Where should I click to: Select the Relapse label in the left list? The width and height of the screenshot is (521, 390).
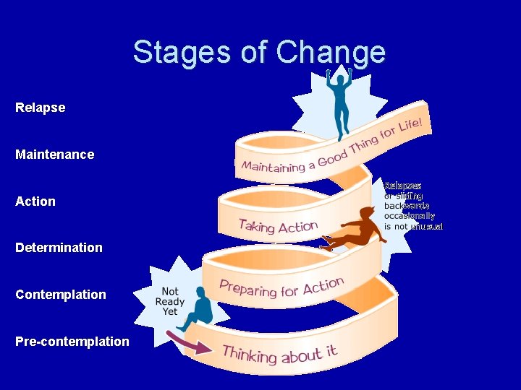click(x=41, y=108)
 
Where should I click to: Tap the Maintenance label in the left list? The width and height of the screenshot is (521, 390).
click(x=55, y=155)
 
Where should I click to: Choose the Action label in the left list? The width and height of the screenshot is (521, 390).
click(x=35, y=201)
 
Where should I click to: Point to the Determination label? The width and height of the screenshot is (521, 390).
click(x=59, y=248)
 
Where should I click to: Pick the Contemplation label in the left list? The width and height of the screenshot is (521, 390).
click(x=61, y=295)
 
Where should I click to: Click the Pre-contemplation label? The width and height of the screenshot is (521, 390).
click(x=72, y=342)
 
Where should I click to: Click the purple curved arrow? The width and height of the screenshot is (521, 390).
click(x=188, y=343)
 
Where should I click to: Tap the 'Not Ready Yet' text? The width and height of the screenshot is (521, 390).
click(x=170, y=302)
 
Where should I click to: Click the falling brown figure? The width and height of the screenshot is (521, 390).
click(x=355, y=230)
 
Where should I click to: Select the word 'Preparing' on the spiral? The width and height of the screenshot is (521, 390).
click(x=249, y=288)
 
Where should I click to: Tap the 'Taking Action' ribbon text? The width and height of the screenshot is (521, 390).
click(x=278, y=227)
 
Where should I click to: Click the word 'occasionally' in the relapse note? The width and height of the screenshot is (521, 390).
click(x=410, y=216)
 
